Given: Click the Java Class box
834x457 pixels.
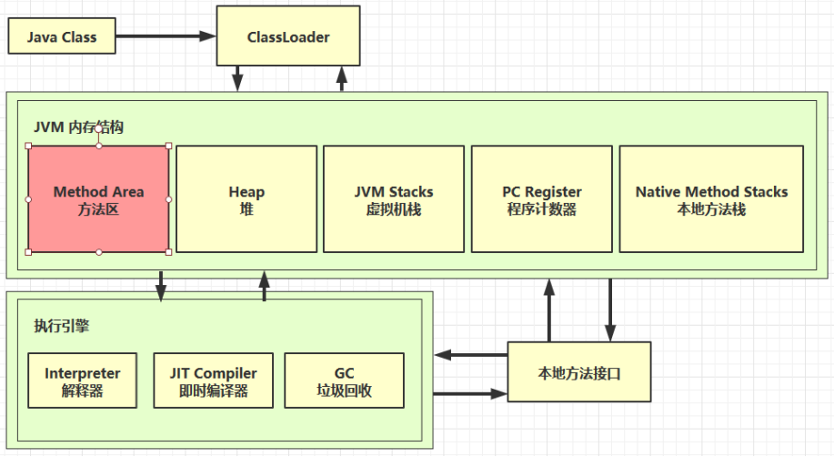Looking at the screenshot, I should [62, 37].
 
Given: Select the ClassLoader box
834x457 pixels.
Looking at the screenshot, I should [288, 37].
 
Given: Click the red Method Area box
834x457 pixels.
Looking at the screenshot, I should [98, 199].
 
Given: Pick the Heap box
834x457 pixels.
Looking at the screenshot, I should [246, 199].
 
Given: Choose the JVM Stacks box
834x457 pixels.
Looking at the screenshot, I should [394, 199].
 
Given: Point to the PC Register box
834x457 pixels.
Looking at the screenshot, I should [541, 199].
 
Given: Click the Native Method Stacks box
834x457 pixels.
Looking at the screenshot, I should [711, 199].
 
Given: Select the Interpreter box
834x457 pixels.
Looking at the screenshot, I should [82, 381].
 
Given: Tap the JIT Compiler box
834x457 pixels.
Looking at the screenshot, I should [213, 381].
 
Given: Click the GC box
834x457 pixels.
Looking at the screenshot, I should [344, 381].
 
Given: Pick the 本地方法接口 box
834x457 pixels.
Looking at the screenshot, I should [579, 372].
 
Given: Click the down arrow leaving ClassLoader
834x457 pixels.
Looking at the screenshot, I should [237, 78].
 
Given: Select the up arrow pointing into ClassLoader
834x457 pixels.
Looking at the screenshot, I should [342, 78].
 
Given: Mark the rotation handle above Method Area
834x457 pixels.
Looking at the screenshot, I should [98, 129].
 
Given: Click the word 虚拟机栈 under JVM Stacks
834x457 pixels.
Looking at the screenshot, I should [394, 209].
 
